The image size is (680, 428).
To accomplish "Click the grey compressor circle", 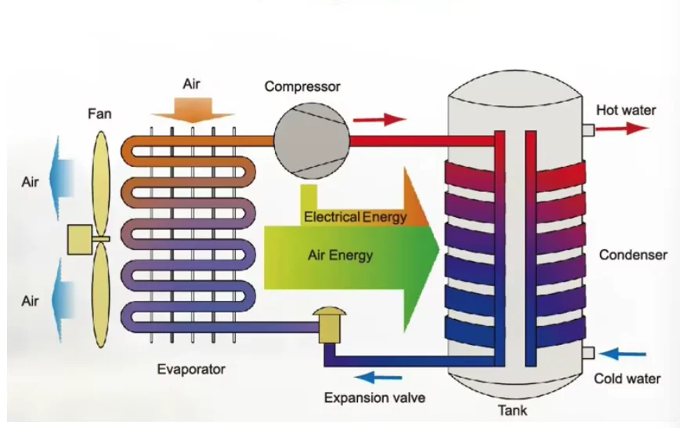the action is (x=311, y=140).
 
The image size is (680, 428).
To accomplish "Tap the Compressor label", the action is (x=302, y=86).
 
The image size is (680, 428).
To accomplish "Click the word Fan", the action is (x=99, y=114).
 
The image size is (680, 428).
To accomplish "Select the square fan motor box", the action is (x=80, y=239).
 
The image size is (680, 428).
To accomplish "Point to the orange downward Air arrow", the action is (x=193, y=111).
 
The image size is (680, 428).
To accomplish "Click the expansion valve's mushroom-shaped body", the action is (x=330, y=325).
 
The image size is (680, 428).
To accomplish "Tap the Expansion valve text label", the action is (x=374, y=397).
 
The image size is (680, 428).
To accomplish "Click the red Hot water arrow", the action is (x=622, y=128).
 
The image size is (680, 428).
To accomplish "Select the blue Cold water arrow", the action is (x=622, y=354).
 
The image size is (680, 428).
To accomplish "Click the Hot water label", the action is (x=626, y=111).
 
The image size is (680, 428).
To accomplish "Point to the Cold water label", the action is (x=627, y=379).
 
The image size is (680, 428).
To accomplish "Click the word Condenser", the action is (x=633, y=255).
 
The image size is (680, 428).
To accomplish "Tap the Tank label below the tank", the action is (x=512, y=410).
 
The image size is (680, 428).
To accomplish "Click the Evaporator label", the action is (x=191, y=369).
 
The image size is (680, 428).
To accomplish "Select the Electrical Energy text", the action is (x=355, y=216).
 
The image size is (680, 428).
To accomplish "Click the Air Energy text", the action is (x=341, y=256).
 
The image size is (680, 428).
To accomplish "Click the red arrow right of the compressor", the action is (x=380, y=119).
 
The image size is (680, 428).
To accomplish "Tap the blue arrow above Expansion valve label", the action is (x=378, y=377).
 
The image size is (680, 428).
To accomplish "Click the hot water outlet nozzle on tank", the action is (x=588, y=130).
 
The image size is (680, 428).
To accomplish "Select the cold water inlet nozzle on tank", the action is (x=588, y=353).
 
